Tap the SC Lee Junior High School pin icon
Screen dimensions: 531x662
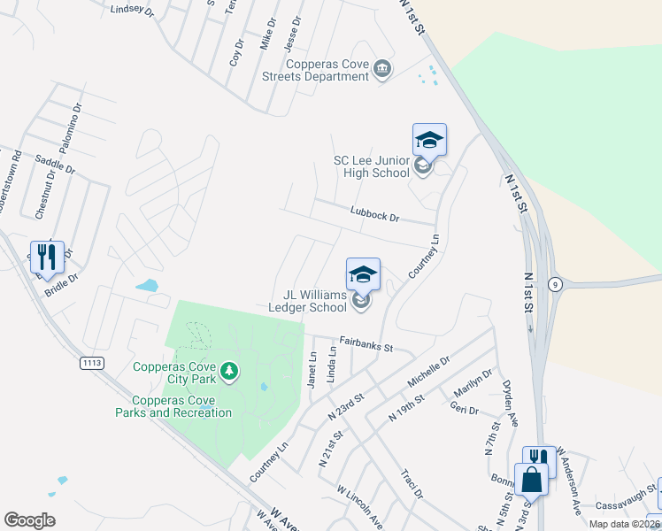click(x=429, y=141)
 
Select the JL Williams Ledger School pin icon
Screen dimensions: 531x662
click(x=363, y=275)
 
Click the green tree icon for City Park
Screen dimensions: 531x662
click(x=229, y=371)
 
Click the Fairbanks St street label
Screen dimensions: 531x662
click(x=366, y=344)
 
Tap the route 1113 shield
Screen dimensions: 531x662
click(x=91, y=363)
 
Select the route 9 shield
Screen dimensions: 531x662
click(x=555, y=284)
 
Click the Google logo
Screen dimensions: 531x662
click(x=29, y=520)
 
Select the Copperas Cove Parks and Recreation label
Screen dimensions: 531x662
click(x=173, y=412)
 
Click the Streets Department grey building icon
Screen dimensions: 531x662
click(x=382, y=69)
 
